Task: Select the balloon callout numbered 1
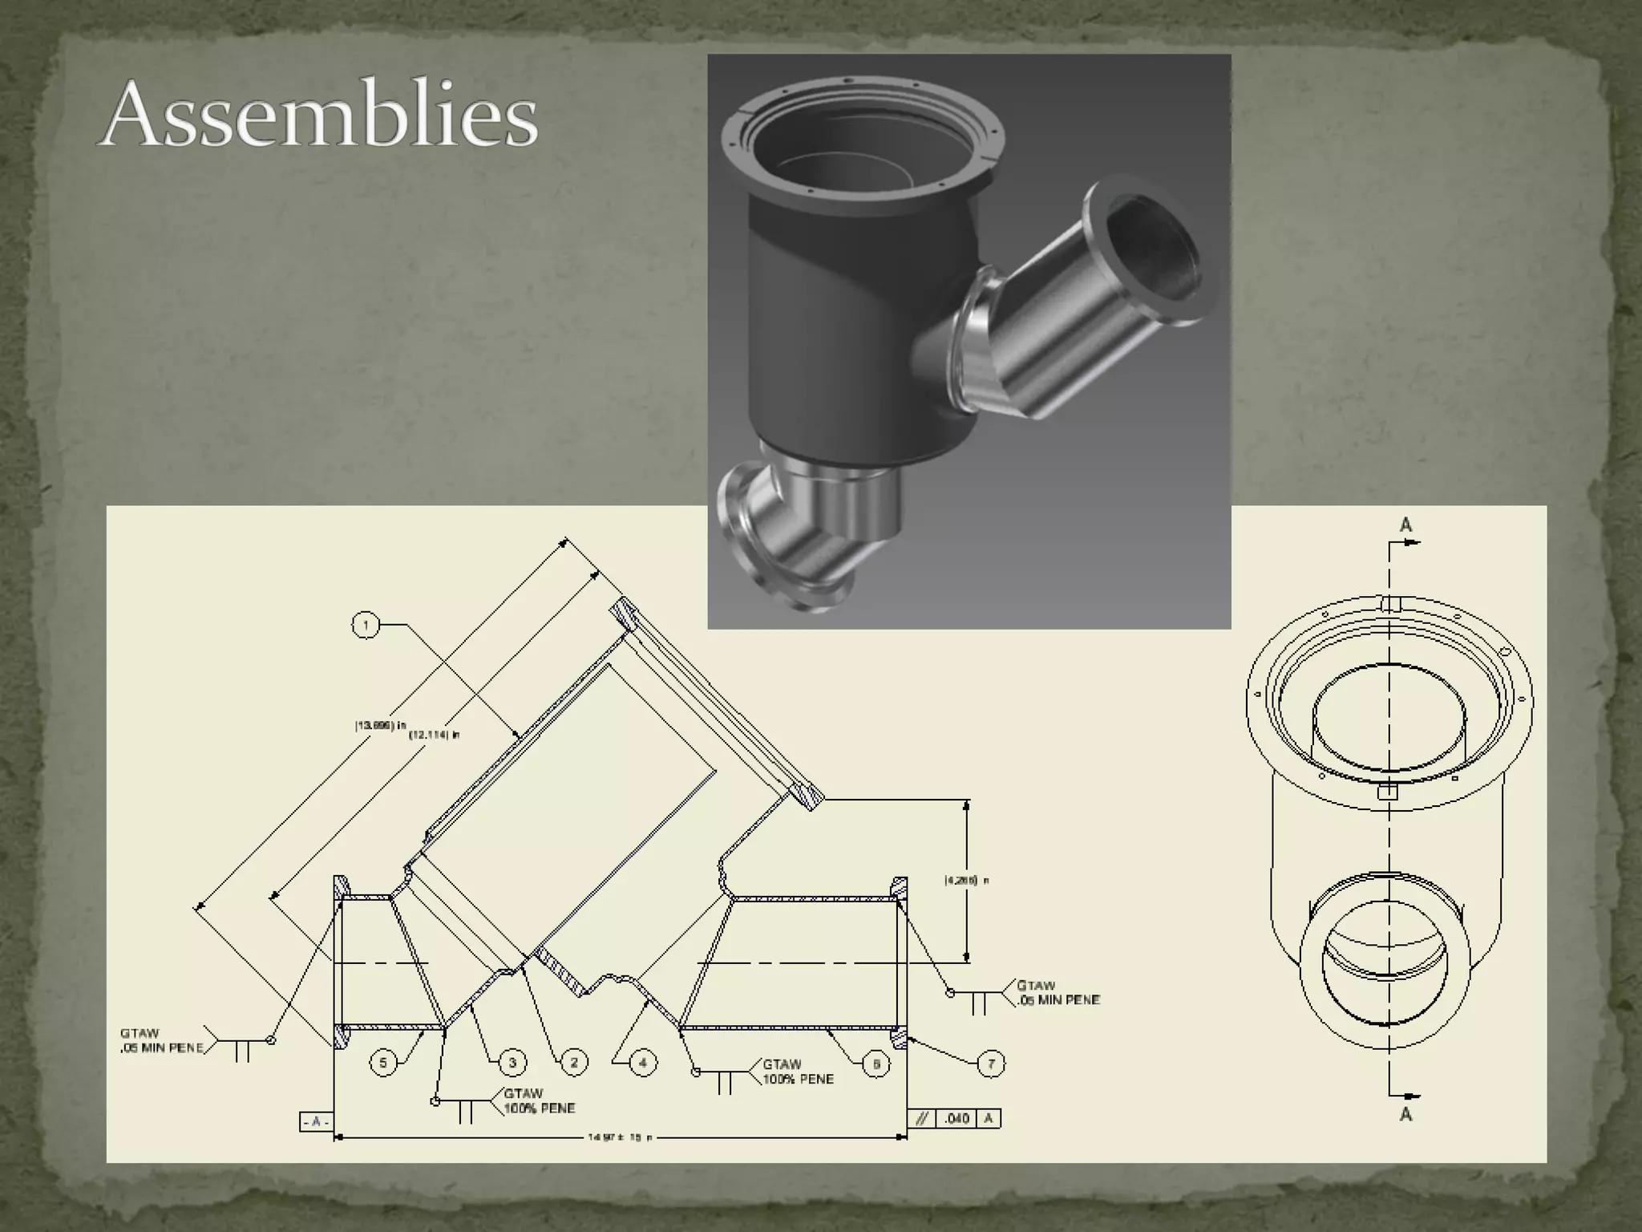(x=366, y=625)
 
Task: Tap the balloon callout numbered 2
(x=574, y=1063)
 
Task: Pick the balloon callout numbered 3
(x=512, y=1063)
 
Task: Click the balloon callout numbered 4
(x=643, y=1063)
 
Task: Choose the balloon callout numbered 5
(x=383, y=1063)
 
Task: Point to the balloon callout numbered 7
(x=991, y=1064)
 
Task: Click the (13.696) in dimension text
(x=381, y=725)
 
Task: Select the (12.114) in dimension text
(x=435, y=735)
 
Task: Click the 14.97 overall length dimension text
(x=620, y=1137)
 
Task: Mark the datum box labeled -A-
(x=316, y=1122)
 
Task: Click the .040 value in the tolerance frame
(x=957, y=1118)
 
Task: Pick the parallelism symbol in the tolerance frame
(x=922, y=1118)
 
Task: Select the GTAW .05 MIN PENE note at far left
(x=161, y=1041)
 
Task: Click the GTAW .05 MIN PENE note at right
(x=1058, y=992)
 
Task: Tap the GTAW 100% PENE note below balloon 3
(x=539, y=1100)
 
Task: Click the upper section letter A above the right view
(x=1405, y=525)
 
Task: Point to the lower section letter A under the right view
(x=1405, y=1114)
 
